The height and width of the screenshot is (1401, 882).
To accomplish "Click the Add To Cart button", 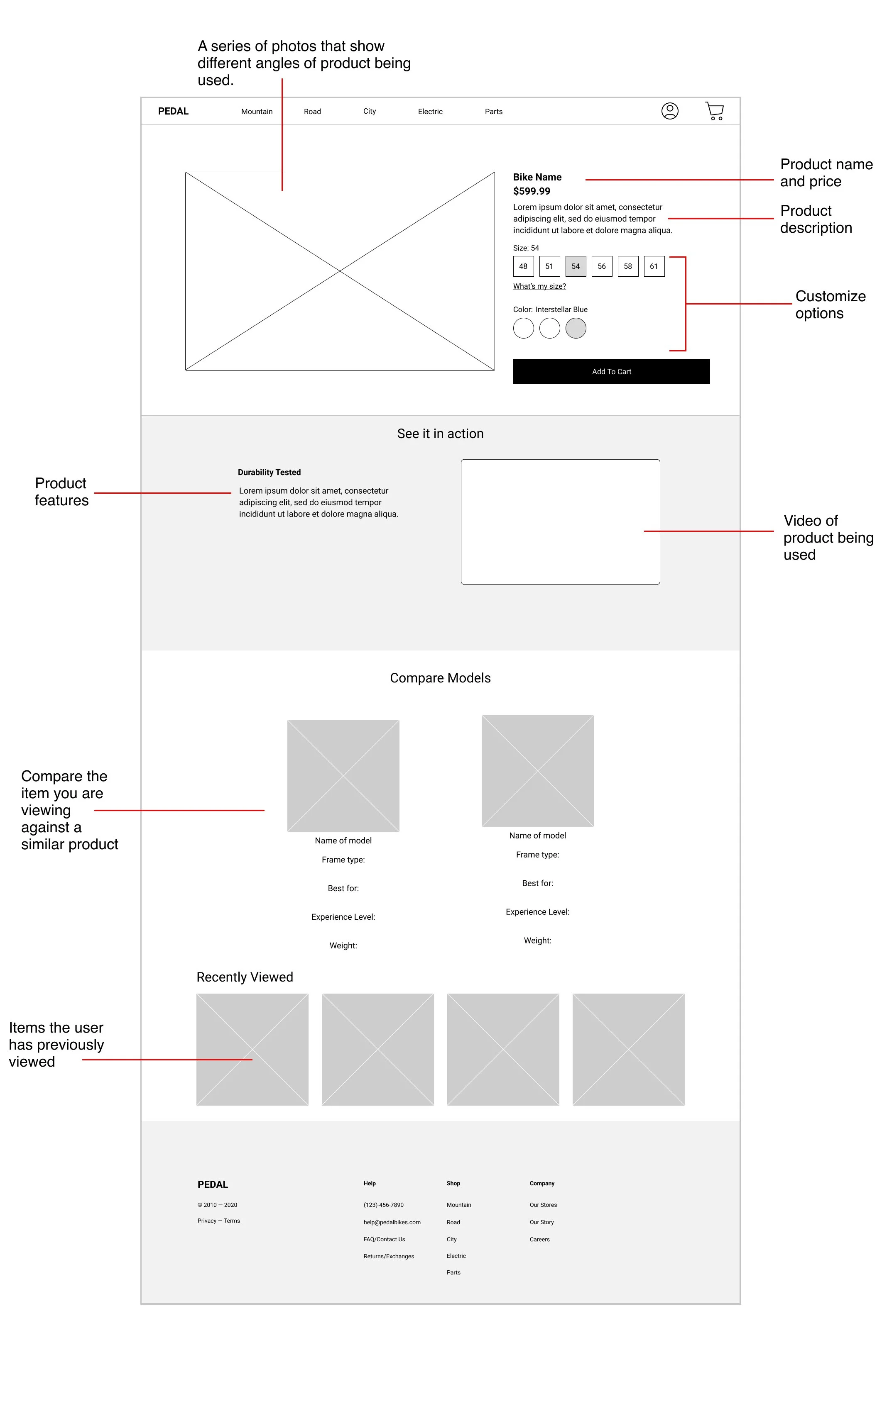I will (x=611, y=372).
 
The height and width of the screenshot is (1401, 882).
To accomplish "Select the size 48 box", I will (x=523, y=266).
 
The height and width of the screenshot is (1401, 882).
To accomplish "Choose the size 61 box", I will (x=653, y=266).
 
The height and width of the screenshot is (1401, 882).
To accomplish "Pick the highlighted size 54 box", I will (x=575, y=266).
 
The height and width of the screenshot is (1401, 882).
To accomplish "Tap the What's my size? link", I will (x=539, y=286).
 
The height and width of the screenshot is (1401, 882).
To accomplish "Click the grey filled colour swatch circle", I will (x=575, y=328).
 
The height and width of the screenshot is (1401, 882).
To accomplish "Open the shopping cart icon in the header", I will (x=714, y=110).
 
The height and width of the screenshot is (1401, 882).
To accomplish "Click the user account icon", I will (x=669, y=110).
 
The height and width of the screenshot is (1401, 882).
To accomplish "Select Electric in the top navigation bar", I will (x=430, y=112).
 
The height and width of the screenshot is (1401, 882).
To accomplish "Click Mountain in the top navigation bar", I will (x=257, y=112).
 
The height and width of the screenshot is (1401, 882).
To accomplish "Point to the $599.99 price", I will (x=531, y=191).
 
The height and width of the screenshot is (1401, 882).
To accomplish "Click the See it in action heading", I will (x=440, y=434).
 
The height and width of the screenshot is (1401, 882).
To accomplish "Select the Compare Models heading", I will (x=440, y=678).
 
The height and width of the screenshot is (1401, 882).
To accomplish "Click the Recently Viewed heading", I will (x=245, y=977).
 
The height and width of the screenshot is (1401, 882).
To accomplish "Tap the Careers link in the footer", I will (x=539, y=1239).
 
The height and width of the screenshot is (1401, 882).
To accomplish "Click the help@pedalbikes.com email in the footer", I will (x=392, y=1222).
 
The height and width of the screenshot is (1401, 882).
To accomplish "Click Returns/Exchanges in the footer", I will (x=388, y=1256).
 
